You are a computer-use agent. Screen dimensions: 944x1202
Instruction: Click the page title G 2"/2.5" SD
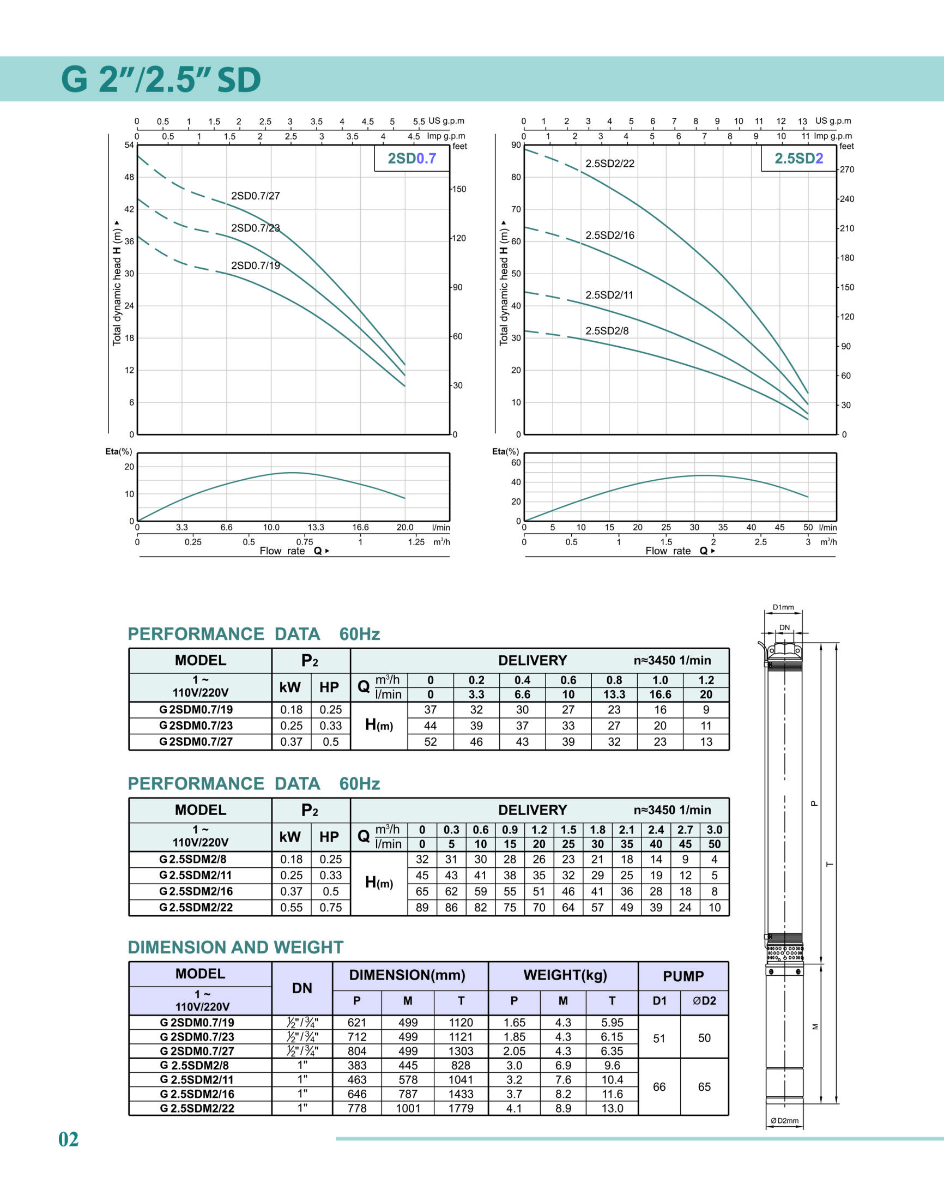(x=161, y=80)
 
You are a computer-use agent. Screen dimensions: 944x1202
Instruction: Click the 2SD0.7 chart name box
(x=412, y=159)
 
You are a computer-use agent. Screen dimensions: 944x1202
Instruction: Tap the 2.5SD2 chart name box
(x=798, y=159)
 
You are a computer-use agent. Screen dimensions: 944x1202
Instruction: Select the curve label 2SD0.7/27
(x=255, y=196)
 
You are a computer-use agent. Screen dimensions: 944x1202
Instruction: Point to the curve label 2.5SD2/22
(x=609, y=164)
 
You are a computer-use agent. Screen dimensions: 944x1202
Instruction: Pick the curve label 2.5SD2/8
(x=607, y=331)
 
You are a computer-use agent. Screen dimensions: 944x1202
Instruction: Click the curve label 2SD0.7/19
(x=255, y=266)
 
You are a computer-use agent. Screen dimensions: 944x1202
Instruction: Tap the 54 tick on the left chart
(x=129, y=146)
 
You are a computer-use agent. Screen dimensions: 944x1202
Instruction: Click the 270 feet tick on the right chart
(x=847, y=170)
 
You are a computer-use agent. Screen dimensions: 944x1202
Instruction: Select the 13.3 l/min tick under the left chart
(x=316, y=527)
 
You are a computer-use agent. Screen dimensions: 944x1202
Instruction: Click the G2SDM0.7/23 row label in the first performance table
(x=196, y=726)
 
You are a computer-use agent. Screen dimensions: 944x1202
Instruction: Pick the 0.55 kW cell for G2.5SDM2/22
(x=291, y=908)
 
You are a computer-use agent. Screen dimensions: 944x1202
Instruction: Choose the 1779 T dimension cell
(x=461, y=1108)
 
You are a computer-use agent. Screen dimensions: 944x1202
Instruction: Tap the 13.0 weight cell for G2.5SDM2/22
(x=612, y=1108)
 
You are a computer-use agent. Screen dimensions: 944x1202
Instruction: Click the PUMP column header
(x=683, y=976)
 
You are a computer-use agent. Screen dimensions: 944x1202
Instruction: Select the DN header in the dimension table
(x=302, y=988)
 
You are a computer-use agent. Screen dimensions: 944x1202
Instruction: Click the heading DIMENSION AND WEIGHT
(x=235, y=947)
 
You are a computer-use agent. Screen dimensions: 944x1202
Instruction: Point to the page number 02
(x=69, y=1139)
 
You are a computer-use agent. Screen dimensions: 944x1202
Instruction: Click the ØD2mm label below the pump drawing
(x=784, y=1121)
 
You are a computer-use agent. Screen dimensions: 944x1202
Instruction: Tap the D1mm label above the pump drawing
(x=783, y=607)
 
